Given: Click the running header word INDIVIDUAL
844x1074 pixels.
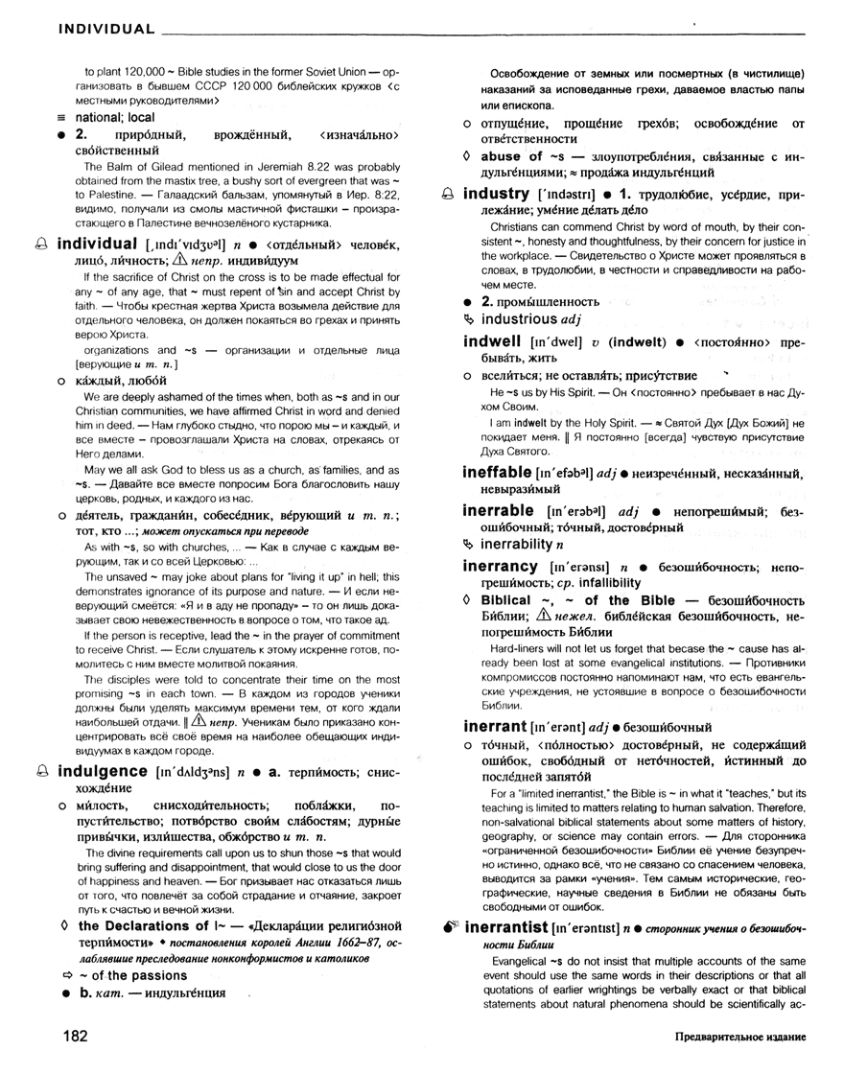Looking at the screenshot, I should tap(106, 28).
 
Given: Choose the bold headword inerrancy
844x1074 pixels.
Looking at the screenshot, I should tap(499, 567).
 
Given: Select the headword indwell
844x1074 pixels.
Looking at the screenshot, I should tap(491, 341).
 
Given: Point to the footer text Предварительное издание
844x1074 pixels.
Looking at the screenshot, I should tap(739, 1038).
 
